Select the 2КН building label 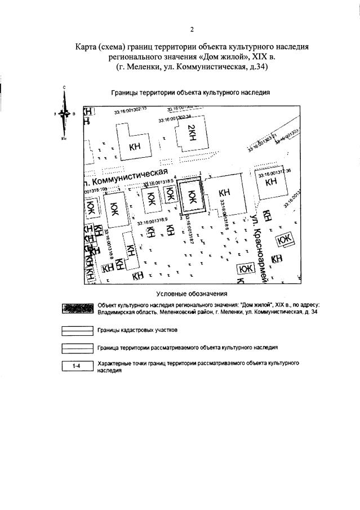click(191, 135)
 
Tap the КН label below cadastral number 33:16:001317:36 click(272, 183)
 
